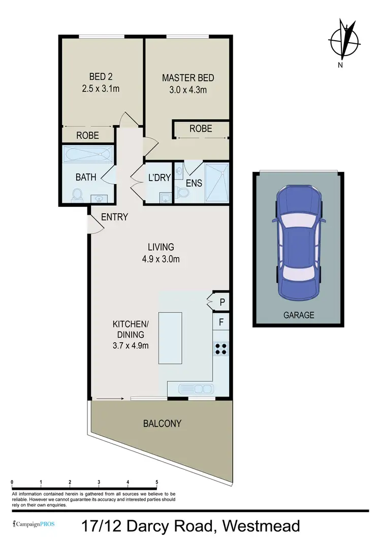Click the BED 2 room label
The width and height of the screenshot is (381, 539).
click(x=101, y=77)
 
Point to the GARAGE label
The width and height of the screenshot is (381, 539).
click(x=299, y=315)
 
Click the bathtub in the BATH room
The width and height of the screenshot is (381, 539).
click(x=87, y=154)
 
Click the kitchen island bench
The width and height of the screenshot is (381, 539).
click(x=170, y=338)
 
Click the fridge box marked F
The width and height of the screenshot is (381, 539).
click(x=221, y=321)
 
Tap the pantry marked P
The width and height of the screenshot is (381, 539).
click(x=221, y=303)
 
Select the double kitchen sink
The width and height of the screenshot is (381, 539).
click(x=196, y=389)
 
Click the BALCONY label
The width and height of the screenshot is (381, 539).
click(x=162, y=423)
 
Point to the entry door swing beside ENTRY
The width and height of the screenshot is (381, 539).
click(x=94, y=224)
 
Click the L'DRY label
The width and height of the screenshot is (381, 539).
click(x=158, y=179)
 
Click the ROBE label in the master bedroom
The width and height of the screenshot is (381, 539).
click(x=201, y=129)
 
